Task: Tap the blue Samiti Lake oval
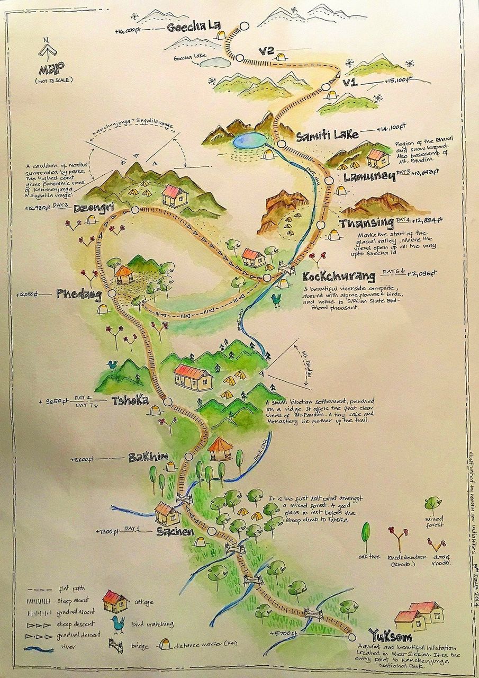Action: [249, 140]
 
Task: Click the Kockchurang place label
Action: [339, 276]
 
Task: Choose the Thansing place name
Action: [367, 223]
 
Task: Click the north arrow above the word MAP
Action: [47, 50]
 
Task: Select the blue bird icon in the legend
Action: [118, 622]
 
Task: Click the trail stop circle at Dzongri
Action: [134, 210]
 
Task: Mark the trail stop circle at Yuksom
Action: [350, 636]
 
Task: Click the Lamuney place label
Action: [369, 177]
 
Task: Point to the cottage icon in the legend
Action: [115, 601]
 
